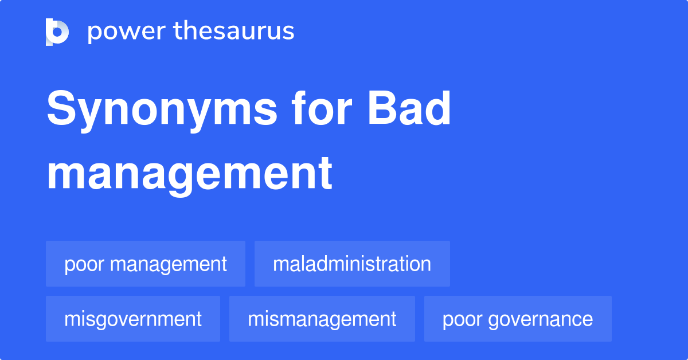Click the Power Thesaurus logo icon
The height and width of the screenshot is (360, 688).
[57, 32]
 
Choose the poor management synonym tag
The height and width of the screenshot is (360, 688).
[146, 264]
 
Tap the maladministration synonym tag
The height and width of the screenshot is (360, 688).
[352, 264]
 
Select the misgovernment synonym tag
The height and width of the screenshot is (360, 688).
[133, 319]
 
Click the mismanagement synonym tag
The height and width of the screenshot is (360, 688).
[322, 319]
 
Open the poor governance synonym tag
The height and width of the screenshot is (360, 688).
[518, 319]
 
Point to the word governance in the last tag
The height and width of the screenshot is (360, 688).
[540, 319]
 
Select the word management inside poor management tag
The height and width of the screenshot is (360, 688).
[168, 264]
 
